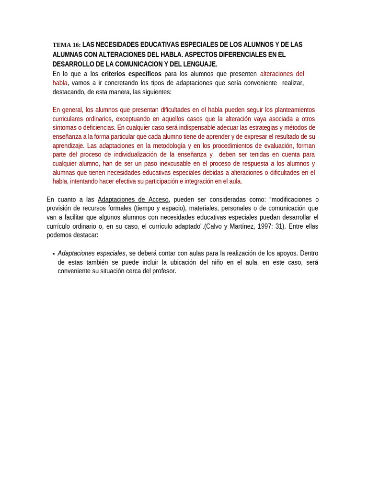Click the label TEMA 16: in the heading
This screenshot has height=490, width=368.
click(x=67, y=45)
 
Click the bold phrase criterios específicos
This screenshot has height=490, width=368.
click(x=131, y=74)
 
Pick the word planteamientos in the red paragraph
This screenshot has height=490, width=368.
click(x=290, y=110)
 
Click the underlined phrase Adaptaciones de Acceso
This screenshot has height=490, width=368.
click(x=133, y=200)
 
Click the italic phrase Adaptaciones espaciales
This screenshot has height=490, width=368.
click(x=92, y=253)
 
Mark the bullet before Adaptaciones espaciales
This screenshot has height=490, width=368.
click(x=54, y=254)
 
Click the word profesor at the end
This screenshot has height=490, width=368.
click(x=163, y=271)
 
